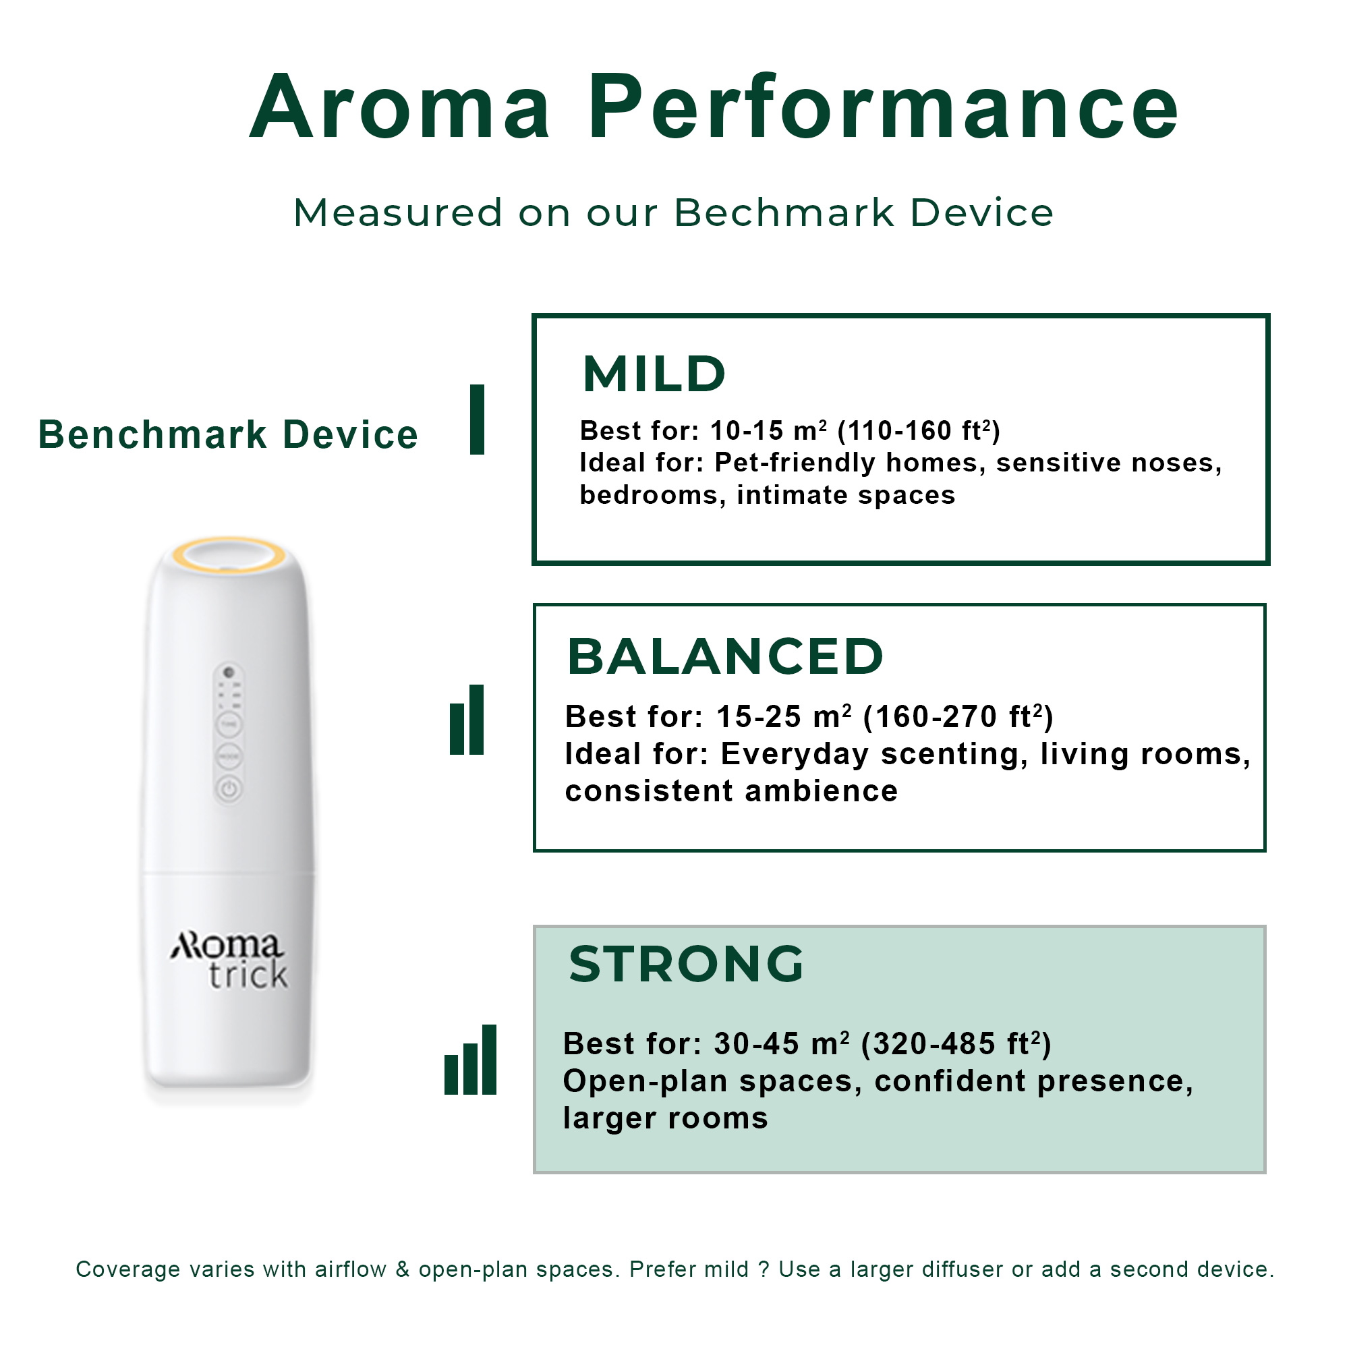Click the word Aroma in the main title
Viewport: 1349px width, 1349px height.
point(400,107)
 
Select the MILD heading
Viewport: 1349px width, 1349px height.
point(654,374)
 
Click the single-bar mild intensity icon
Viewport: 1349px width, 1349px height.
point(477,419)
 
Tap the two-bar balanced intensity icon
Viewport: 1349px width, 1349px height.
point(467,720)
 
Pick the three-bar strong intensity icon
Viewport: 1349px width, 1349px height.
point(470,1059)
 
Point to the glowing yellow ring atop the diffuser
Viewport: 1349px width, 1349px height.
point(229,555)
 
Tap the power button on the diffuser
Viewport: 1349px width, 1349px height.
point(229,790)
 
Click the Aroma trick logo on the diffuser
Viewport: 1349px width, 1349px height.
point(229,960)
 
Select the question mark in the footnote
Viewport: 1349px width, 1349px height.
point(764,1269)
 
